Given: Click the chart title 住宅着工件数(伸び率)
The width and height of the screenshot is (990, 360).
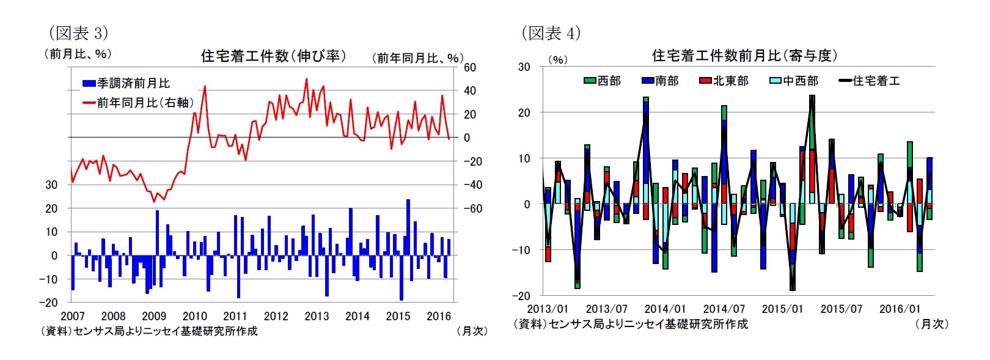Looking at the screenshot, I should (273, 56).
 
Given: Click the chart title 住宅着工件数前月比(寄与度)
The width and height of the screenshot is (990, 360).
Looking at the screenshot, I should (744, 56).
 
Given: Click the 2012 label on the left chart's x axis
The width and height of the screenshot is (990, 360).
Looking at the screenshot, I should (276, 316).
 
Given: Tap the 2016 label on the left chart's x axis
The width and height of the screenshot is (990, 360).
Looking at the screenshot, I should (438, 316).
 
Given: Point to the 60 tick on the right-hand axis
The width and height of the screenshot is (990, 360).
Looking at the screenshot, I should (469, 67).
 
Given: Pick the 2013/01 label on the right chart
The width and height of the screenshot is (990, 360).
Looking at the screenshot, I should (547, 309).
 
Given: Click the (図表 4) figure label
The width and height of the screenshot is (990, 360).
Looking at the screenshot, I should (551, 32).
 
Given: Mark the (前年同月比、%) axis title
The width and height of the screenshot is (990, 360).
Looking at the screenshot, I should (417, 58).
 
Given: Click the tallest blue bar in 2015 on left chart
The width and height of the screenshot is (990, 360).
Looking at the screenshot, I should (408, 227).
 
